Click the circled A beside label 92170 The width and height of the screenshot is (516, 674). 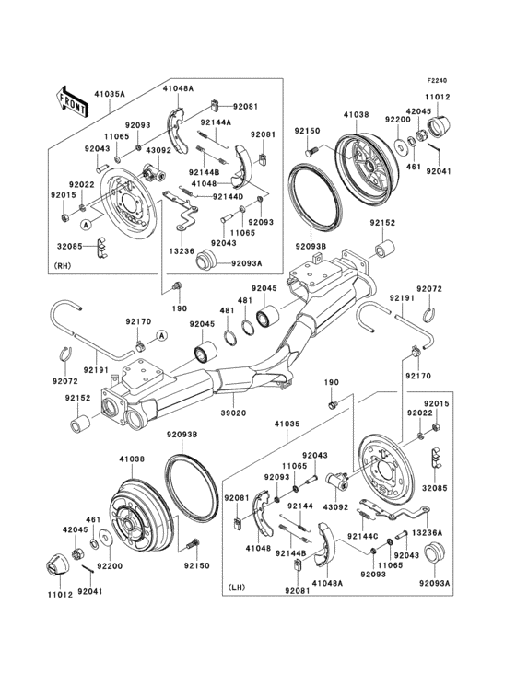coord(161,333)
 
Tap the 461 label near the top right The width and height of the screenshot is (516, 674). coord(414,167)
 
